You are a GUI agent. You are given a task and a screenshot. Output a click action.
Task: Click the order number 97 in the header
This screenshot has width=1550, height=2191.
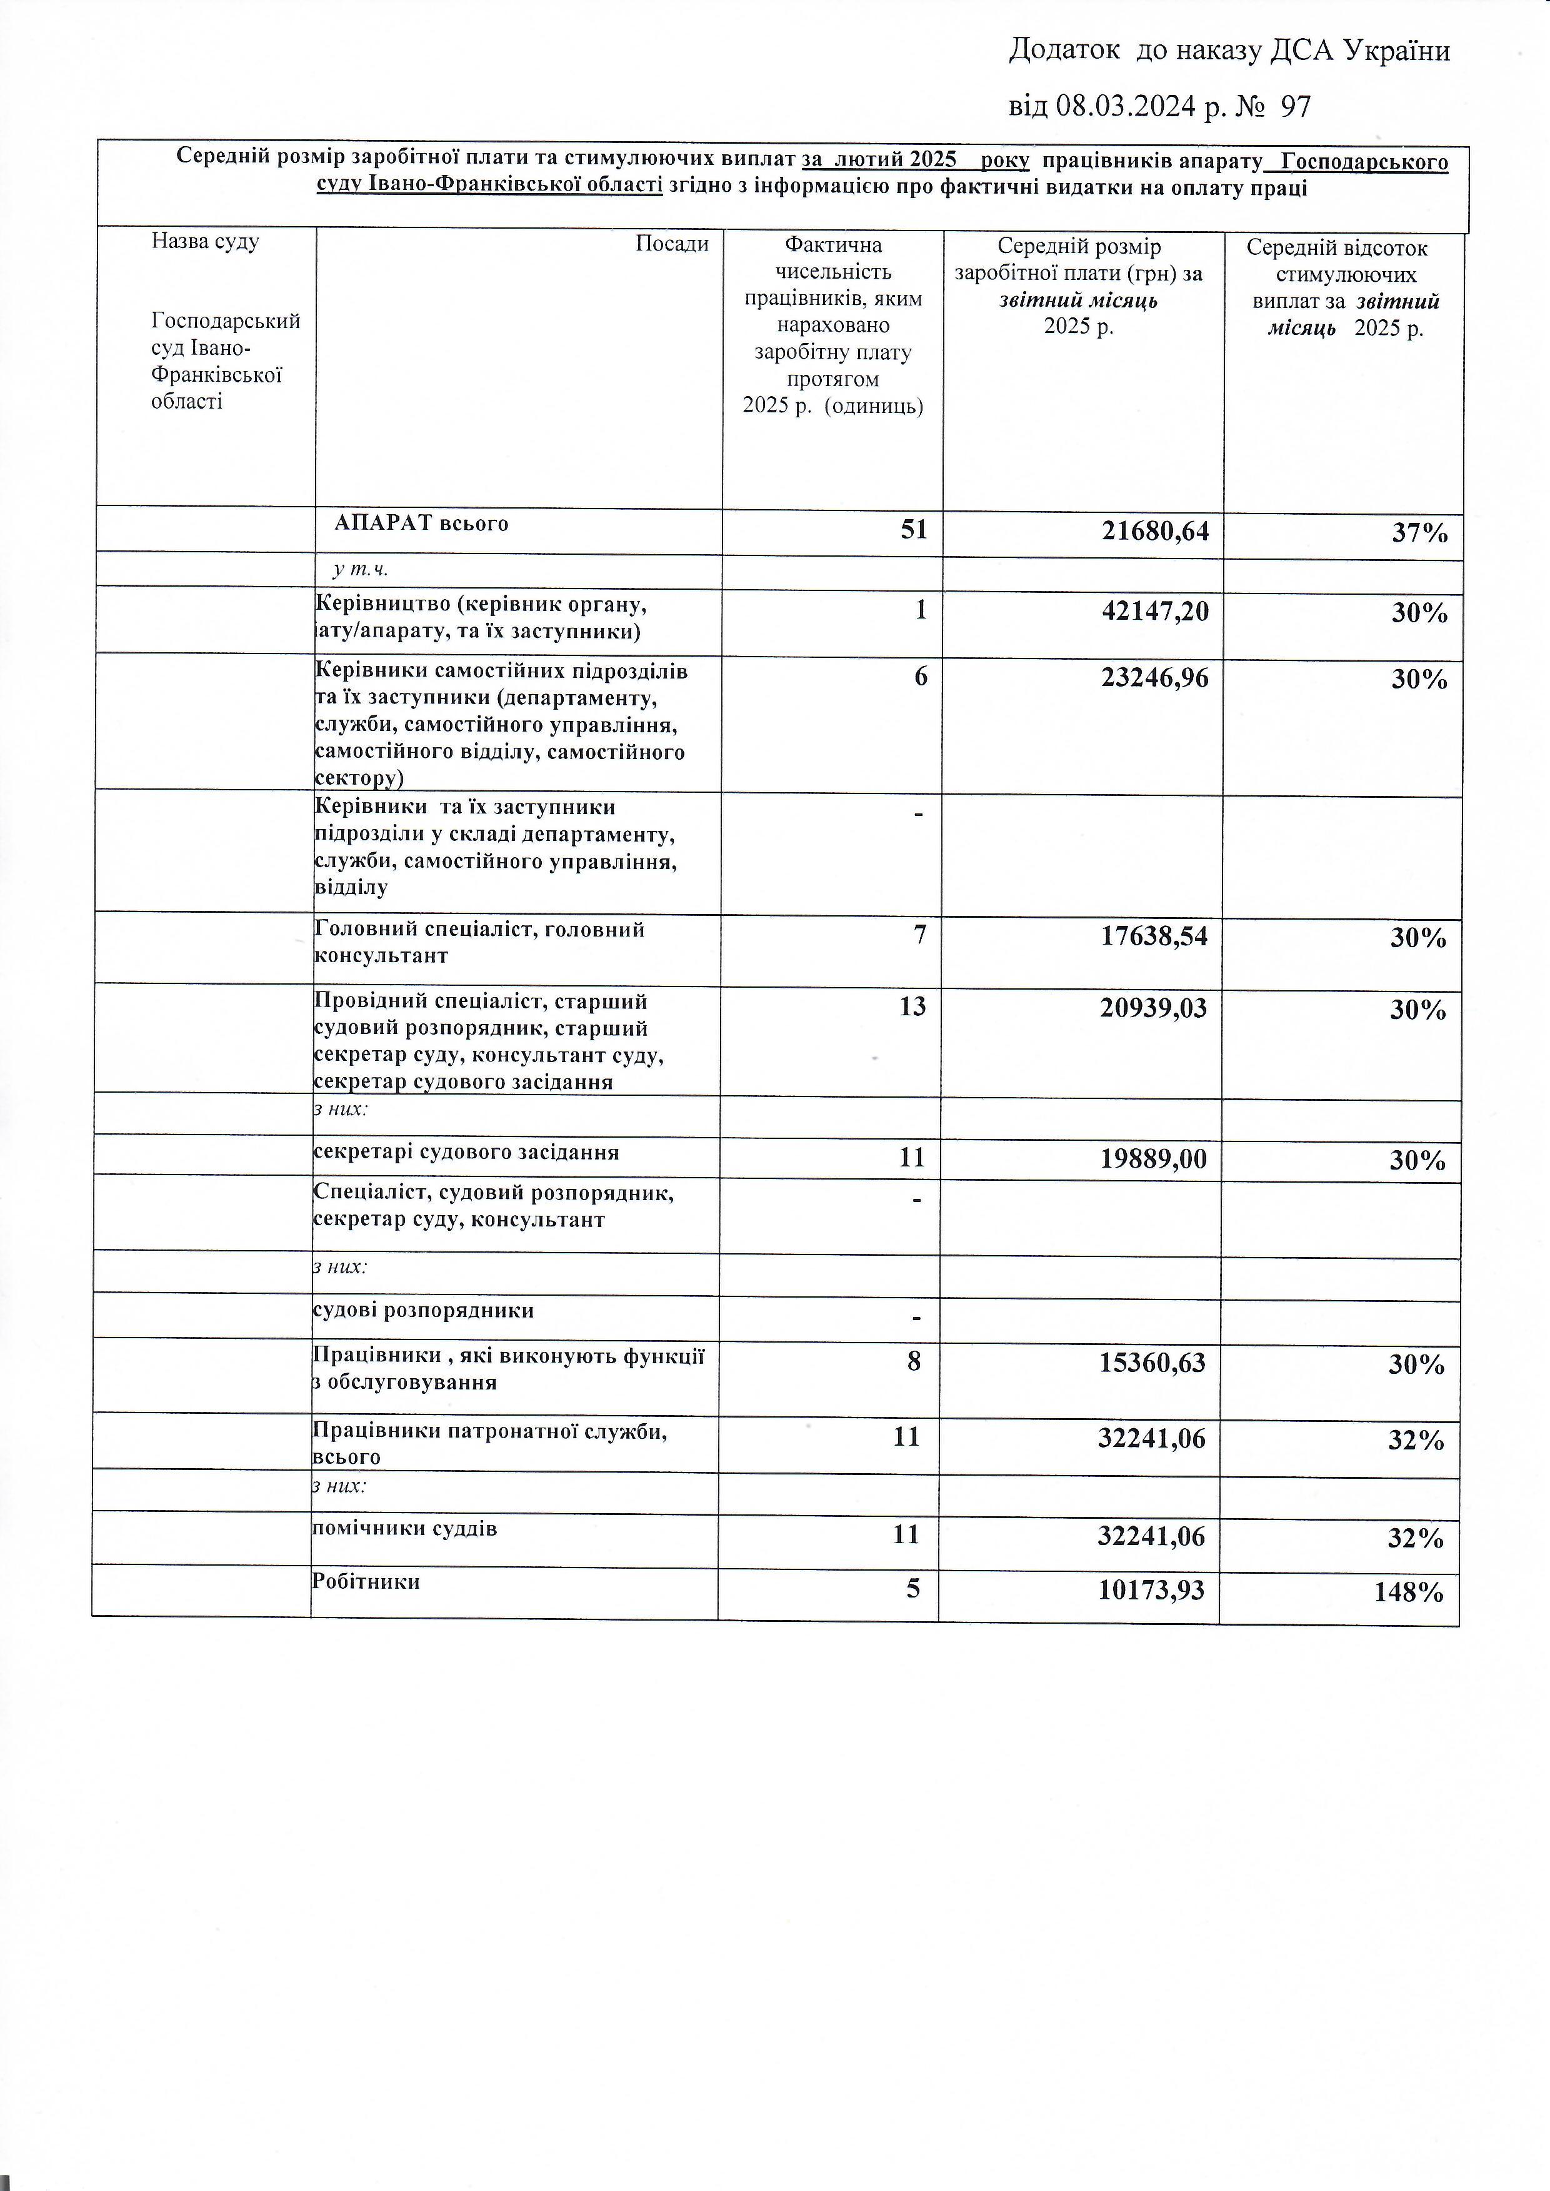point(1295,106)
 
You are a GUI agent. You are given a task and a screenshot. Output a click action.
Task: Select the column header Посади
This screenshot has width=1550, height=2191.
point(672,243)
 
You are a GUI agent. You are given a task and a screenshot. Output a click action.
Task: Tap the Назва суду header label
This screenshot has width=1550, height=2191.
point(205,241)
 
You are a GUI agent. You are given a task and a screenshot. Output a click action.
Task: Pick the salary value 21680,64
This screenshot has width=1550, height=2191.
point(1155,530)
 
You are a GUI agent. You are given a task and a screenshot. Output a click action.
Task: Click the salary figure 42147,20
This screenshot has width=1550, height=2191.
point(1155,611)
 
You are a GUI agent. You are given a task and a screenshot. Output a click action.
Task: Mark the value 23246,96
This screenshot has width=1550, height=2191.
point(1155,677)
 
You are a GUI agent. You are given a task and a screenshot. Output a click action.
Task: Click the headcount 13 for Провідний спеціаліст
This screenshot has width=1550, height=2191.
point(912,1006)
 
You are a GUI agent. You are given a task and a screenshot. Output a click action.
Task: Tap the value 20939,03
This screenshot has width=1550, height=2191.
point(1153,1008)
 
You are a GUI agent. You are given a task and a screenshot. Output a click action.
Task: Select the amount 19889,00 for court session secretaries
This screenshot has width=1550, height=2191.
point(1153,1158)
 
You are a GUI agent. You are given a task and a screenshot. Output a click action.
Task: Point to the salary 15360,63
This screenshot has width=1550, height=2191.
point(1152,1363)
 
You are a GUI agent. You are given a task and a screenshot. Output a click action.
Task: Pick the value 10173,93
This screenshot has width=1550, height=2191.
point(1151,1590)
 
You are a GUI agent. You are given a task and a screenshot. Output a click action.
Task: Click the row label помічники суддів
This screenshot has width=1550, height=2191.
point(404,1529)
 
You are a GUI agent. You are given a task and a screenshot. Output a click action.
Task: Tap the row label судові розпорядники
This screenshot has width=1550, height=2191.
point(424,1310)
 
